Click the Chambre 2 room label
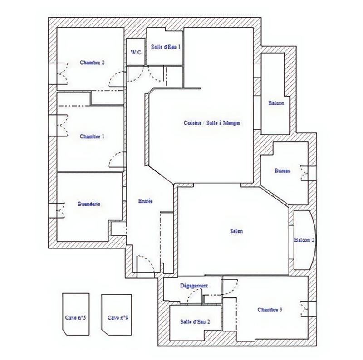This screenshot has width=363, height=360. tap(93, 63)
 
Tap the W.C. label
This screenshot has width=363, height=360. tap(137, 52)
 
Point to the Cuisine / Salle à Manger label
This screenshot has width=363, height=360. tap(212, 123)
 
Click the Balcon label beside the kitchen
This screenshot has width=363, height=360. tap(276, 103)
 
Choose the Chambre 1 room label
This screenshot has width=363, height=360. tap(92, 136)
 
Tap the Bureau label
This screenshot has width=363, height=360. tap(282, 171)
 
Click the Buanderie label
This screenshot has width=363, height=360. tap(89, 204)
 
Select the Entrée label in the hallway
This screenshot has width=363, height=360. tap(145, 201)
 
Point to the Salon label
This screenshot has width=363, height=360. tap(236, 231)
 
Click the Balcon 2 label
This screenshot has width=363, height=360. tap(304, 240)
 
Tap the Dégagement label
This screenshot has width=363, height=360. tap(194, 286)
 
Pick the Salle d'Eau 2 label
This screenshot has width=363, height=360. tap(195, 321)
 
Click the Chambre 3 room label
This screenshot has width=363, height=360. tap(270, 310)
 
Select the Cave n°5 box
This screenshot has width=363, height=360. tap(75, 314)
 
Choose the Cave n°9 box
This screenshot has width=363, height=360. tap(117, 314)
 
